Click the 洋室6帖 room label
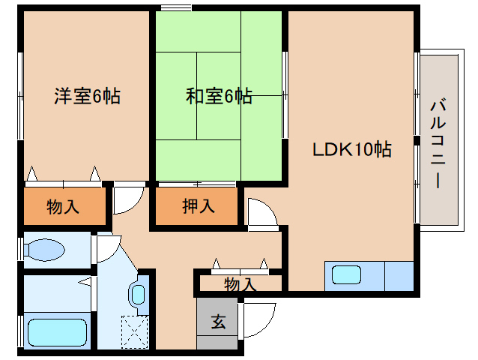point(87,96)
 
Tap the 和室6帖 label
point(219,96)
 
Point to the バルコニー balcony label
point(438,142)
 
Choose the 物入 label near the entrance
point(240,284)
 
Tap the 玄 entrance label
point(218,322)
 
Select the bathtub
point(57,331)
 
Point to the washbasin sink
point(139,293)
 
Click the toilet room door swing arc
point(107,248)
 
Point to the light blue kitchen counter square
point(399,275)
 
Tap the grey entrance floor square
point(218,323)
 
